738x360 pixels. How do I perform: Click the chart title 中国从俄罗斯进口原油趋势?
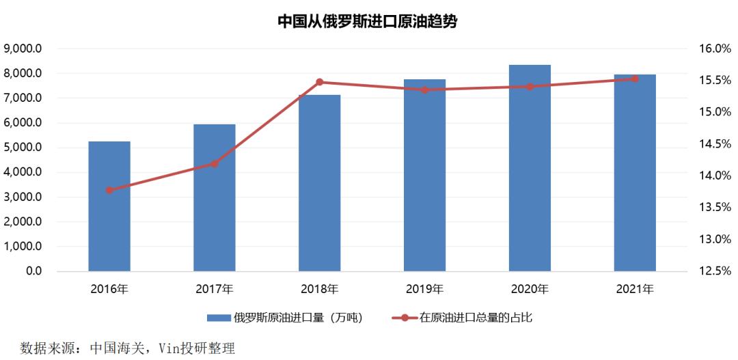[x=367, y=22]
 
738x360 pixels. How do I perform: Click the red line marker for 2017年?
[x=215, y=163]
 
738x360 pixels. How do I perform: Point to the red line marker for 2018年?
[x=320, y=82]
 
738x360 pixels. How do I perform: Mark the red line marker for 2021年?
[x=635, y=79]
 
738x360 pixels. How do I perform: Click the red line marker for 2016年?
[x=109, y=190]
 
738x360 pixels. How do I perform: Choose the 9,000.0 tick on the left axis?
[x=23, y=49]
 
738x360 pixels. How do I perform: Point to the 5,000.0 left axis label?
[x=23, y=148]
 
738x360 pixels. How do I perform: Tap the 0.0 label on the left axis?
[x=32, y=271]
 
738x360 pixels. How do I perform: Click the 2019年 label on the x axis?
[x=424, y=289]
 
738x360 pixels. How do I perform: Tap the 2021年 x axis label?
[x=635, y=289]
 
